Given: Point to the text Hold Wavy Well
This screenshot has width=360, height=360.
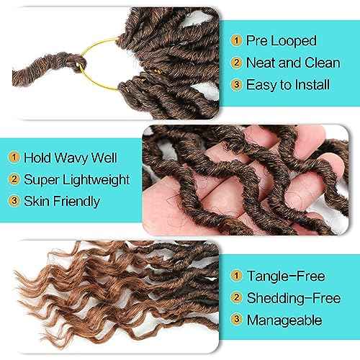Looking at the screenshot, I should click(x=71, y=156).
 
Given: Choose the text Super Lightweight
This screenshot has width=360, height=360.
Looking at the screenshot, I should click(x=76, y=179).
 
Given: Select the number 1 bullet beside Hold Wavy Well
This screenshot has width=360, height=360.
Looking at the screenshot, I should click(x=13, y=156).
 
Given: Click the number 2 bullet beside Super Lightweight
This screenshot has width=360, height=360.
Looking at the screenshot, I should click(x=13, y=179).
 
